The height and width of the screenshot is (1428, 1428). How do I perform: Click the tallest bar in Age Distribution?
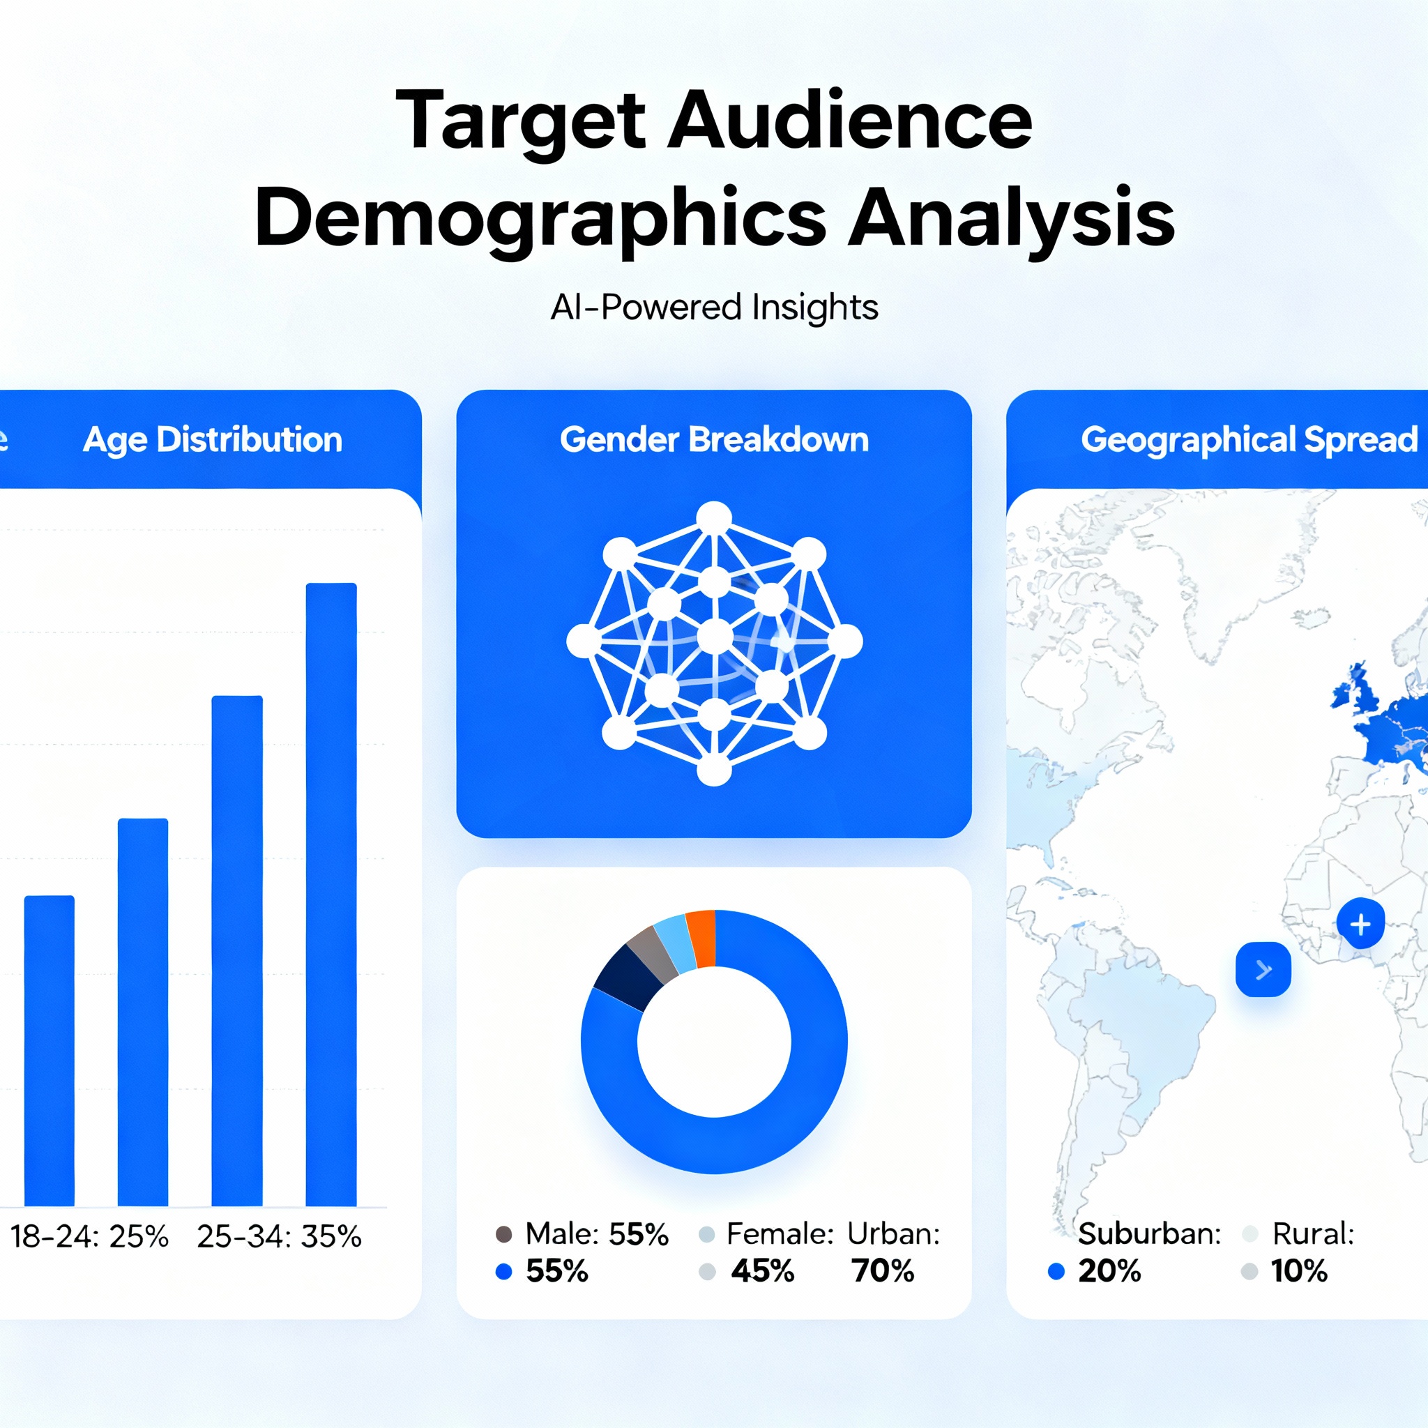331,895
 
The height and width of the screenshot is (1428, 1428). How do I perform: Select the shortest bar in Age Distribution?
50,1050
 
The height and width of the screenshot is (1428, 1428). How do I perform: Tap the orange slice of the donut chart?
702,938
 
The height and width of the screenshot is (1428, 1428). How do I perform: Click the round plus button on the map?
1360,924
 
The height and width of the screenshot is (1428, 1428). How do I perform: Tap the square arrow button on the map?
1263,969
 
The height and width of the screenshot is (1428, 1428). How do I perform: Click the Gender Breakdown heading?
714,440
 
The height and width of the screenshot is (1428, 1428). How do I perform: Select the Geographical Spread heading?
1249,440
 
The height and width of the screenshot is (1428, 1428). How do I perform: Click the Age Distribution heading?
213,440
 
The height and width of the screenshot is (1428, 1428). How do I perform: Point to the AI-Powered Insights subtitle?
714,307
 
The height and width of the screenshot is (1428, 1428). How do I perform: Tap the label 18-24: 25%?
89,1236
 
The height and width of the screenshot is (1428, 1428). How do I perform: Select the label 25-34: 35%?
280,1236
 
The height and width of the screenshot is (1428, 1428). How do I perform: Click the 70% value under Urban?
883,1271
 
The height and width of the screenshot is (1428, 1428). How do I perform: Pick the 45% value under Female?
762,1271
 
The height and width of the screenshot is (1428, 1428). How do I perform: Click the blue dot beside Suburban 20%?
1056,1271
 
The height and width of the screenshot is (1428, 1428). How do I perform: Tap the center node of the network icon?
715,637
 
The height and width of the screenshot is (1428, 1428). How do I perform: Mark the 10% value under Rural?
1298,1271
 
